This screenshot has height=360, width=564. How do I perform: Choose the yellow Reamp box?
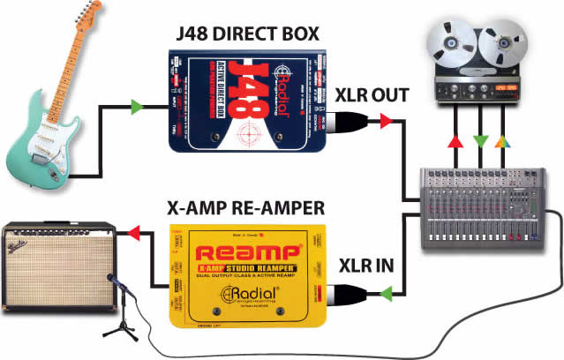tap(251, 274)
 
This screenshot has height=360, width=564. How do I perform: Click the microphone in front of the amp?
tap(113, 281)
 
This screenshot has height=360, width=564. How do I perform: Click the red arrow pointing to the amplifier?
tap(134, 233)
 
